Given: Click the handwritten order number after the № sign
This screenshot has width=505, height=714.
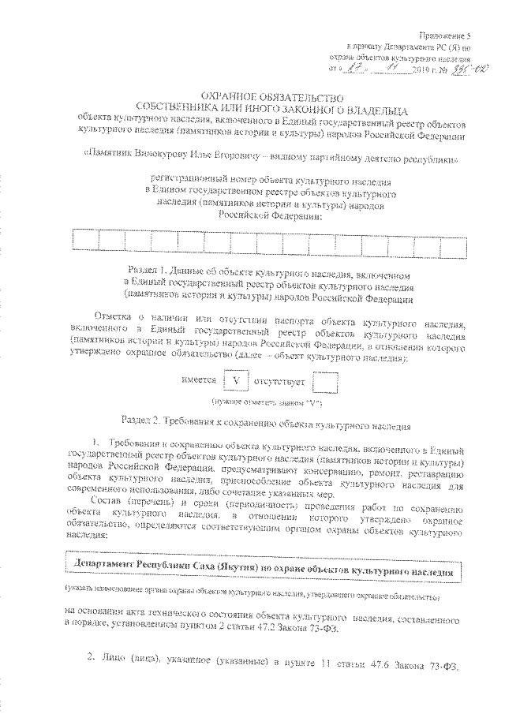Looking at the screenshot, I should tap(455, 70).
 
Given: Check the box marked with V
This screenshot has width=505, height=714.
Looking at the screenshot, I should tap(236, 381).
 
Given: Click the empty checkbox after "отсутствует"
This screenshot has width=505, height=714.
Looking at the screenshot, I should tap(324, 381).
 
